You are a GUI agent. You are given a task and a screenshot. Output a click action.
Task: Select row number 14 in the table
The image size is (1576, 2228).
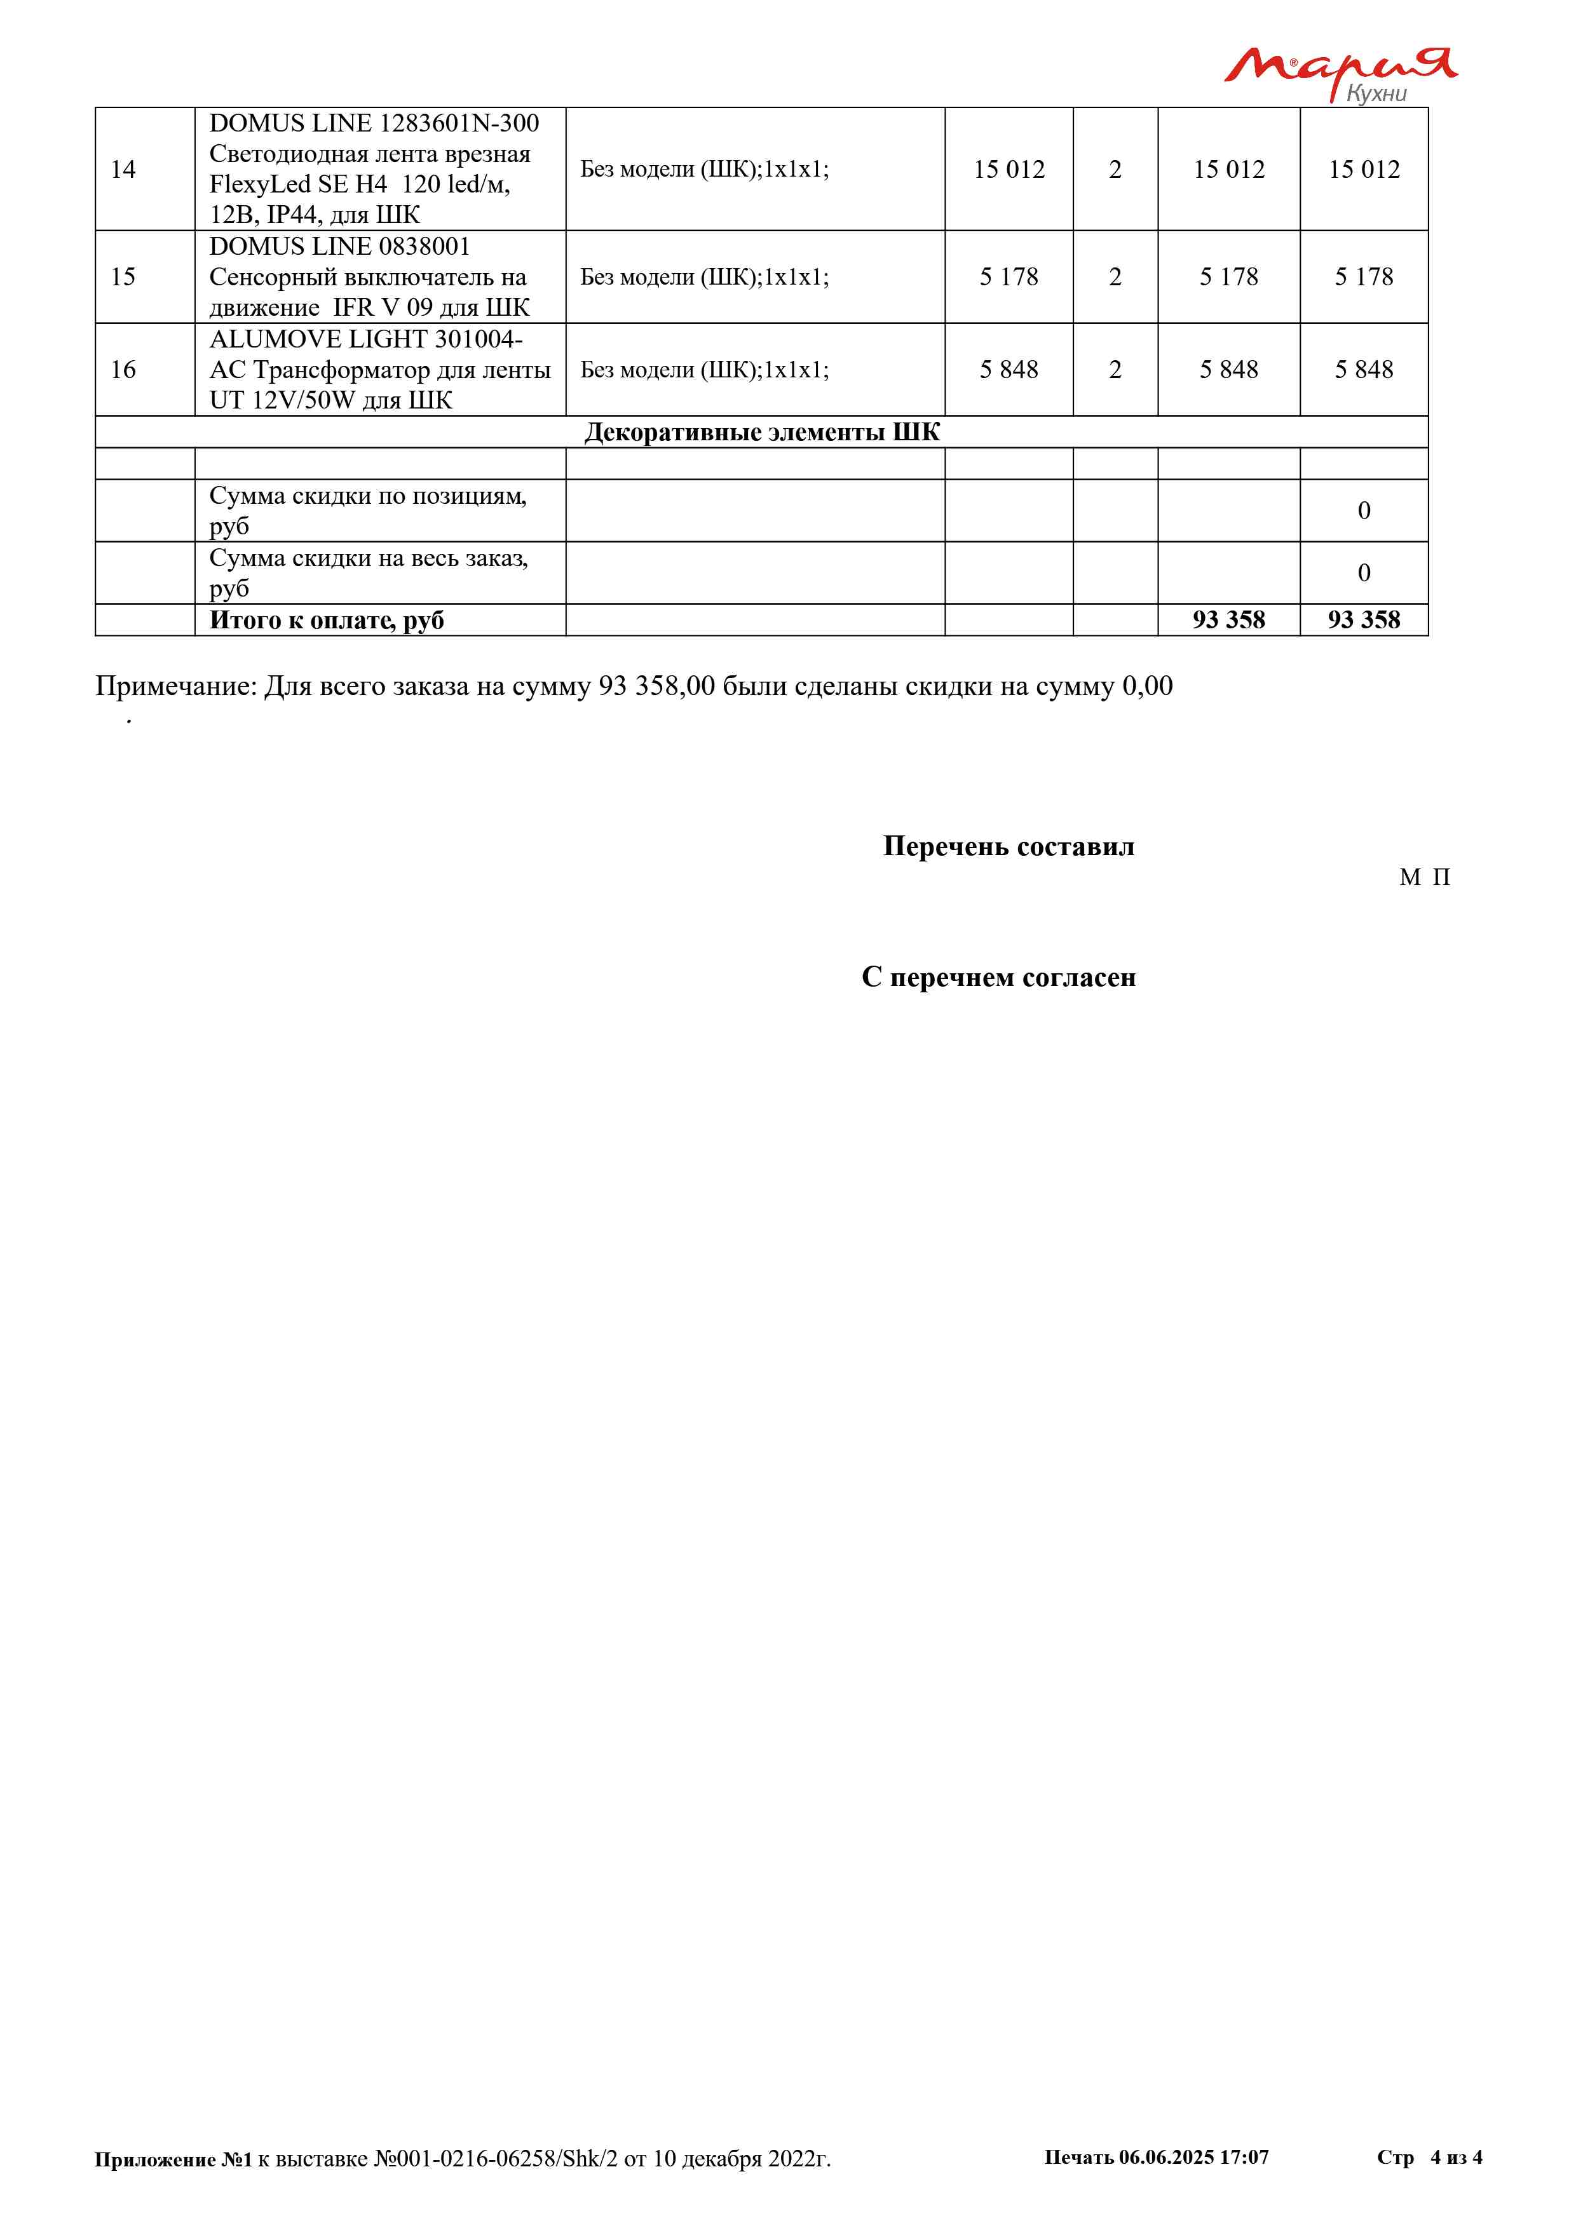123,170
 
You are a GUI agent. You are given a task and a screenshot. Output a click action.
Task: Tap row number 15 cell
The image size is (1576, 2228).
123,278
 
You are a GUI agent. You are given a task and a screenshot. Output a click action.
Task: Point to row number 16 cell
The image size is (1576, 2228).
123,370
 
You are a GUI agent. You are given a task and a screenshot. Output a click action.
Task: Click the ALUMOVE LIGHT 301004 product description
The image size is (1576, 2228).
379,370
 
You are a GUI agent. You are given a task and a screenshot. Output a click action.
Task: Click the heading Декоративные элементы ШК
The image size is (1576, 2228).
762,433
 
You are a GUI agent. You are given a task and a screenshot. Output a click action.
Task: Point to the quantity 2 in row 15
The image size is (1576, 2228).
1115,278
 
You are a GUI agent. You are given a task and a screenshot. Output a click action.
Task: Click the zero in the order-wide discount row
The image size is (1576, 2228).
1364,574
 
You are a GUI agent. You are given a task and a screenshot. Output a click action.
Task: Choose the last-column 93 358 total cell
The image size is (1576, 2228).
1364,621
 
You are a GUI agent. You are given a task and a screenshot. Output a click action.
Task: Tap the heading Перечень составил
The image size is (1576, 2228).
1009,847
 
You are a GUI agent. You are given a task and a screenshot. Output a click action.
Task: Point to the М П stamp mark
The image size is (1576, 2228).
1425,878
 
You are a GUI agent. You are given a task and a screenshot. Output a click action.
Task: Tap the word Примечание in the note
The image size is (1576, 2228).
175,687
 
